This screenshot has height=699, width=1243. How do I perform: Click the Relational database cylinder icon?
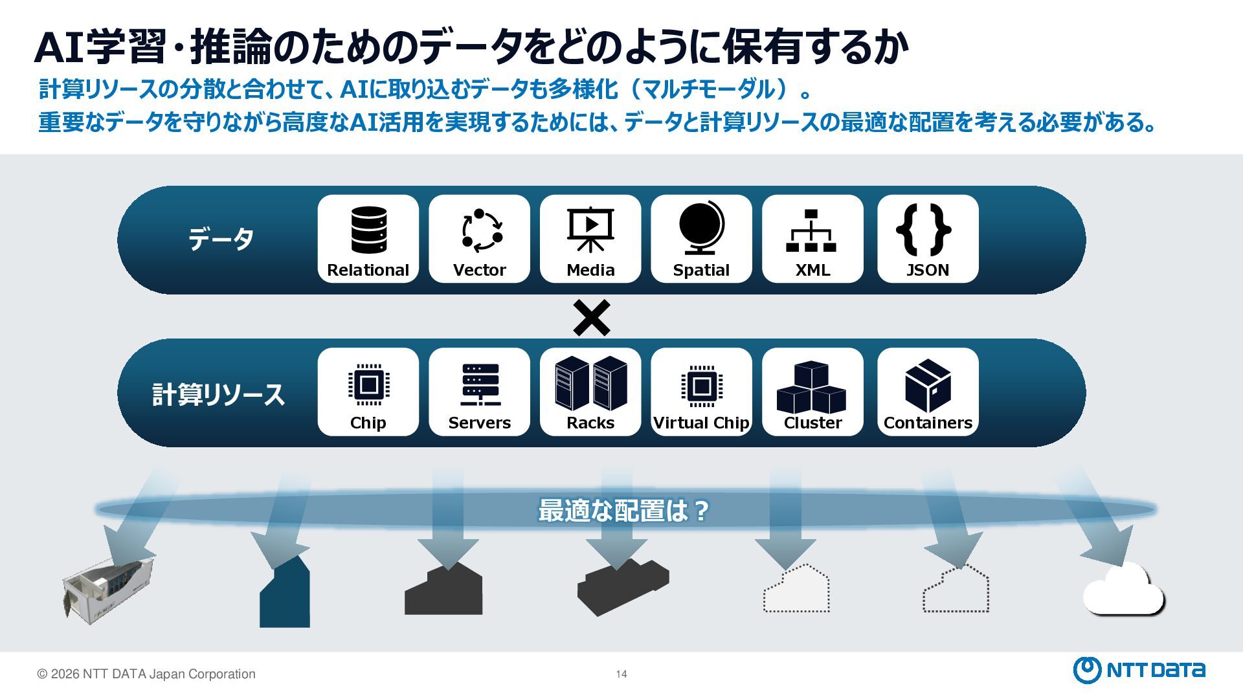(368, 230)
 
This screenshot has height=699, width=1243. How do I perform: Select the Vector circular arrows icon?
(480, 230)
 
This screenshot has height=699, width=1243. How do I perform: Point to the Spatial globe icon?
(701, 228)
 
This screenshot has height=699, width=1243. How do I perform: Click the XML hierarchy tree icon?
(812, 230)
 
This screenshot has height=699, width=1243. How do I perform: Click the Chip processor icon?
(368, 384)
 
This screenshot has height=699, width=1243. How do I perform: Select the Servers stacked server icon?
(480, 384)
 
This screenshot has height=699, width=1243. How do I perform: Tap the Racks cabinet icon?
(590, 383)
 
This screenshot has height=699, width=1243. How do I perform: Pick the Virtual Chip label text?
(701, 423)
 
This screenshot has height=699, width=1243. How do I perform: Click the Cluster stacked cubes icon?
(812, 388)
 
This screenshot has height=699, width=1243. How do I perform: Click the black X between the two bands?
(592, 318)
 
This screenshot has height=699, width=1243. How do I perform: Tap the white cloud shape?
(1123, 590)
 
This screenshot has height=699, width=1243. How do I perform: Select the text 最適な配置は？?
(623, 511)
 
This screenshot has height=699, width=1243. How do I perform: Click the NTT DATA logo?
(1139, 670)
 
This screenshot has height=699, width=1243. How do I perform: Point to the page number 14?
(621, 674)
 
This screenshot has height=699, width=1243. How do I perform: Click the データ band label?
(221, 239)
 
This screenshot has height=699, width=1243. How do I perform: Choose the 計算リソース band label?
(218, 394)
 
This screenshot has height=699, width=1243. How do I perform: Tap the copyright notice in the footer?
(146, 674)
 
